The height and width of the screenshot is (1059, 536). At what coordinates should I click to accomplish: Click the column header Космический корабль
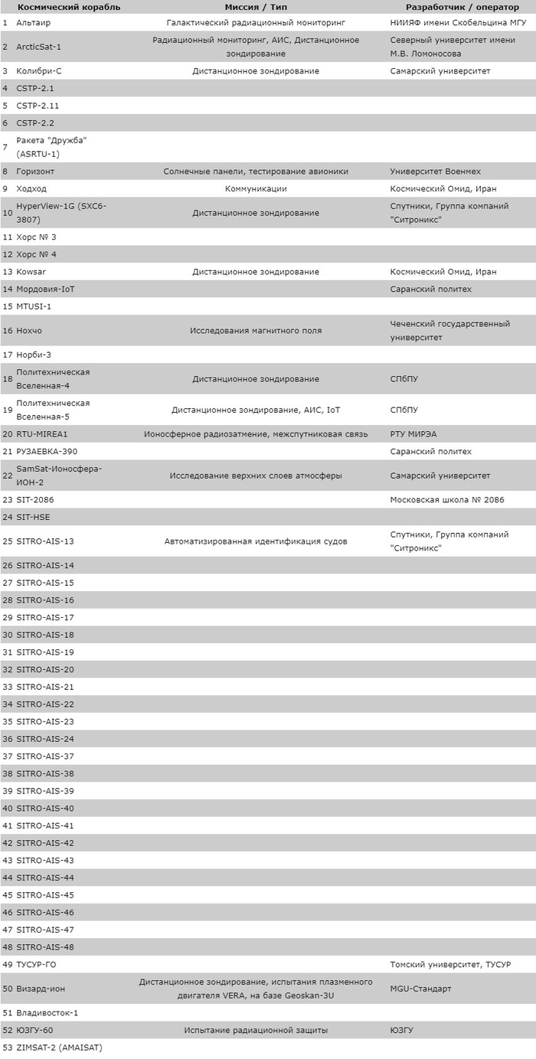69,7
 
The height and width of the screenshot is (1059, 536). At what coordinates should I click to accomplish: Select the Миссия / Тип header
256,7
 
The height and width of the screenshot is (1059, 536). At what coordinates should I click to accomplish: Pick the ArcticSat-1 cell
38,47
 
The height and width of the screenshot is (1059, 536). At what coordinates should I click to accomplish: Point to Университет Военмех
435,172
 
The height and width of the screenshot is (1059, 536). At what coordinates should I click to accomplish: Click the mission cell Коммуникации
256,188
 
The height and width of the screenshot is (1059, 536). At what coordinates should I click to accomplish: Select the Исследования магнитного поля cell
256,331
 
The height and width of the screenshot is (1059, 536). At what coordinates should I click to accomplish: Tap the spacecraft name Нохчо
29,331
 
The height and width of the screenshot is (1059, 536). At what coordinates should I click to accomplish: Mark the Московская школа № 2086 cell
444,500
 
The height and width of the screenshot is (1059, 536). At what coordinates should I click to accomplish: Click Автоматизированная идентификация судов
256,541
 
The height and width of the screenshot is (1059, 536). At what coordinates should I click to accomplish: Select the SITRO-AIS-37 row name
45,757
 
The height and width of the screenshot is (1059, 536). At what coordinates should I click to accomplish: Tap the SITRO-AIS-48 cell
45,947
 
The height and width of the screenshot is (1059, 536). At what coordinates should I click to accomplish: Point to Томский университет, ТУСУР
450,964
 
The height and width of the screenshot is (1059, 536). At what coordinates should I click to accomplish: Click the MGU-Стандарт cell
420,989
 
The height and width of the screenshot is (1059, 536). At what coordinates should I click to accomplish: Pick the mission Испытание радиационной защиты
256,1030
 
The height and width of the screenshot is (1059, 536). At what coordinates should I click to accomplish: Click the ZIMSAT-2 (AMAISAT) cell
59,1048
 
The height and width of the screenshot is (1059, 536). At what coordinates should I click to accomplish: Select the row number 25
7,541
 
